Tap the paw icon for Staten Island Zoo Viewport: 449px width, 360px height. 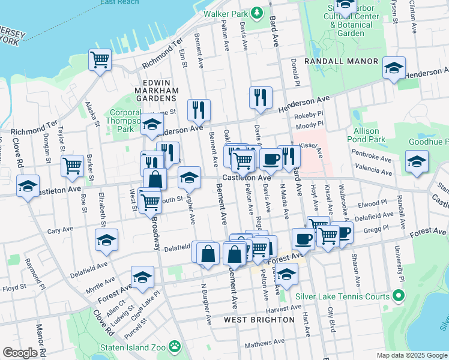[175, 346]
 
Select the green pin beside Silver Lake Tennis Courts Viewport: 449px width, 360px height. [397, 296]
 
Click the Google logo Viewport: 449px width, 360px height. [20, 353]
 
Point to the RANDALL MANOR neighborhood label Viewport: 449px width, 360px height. [341, 61]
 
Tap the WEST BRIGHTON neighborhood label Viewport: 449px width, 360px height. [259, 320]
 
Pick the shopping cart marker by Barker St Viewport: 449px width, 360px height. [73, 165]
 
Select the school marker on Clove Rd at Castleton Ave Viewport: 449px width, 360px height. [28, 185]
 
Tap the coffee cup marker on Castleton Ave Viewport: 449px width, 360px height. [270, 159]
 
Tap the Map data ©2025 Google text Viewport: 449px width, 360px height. [411, 355]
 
